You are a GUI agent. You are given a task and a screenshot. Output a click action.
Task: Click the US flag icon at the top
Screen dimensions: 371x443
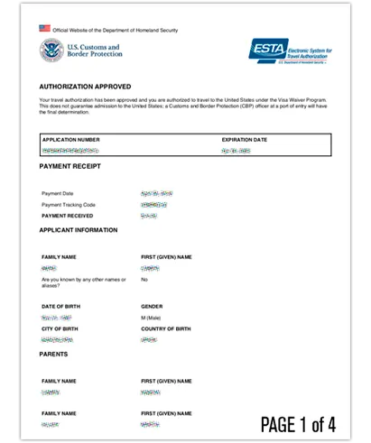45,29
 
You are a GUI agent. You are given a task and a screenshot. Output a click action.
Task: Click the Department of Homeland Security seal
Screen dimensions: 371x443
51,51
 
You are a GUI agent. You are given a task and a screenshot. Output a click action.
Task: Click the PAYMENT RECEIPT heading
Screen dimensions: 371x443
70,166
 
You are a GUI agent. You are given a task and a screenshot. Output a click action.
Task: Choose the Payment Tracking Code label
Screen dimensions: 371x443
69,205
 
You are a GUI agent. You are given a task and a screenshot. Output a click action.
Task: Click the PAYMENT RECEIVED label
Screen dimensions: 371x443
67,217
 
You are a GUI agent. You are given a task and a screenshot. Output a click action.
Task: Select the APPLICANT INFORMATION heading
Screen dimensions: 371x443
79,230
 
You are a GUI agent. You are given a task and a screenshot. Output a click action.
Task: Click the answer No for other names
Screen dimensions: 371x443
144,279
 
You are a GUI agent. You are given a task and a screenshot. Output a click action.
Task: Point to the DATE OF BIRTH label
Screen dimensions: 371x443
60,307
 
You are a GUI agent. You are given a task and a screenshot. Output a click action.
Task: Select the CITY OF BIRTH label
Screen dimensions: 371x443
61,328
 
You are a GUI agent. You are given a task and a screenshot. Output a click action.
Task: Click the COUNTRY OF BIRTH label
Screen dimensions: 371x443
166,328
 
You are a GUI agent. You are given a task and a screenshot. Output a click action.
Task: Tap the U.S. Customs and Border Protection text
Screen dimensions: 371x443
95,51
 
